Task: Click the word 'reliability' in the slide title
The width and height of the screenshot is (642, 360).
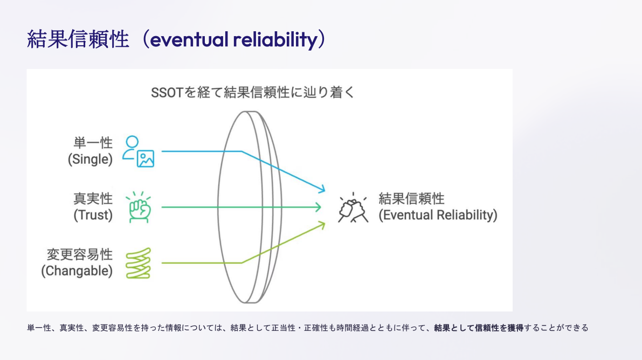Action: pos(275,39)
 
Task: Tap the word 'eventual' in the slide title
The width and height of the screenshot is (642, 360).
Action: pos(189,39)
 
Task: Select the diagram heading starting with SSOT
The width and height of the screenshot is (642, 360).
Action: pos(253,93)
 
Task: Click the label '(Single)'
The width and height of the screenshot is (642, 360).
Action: pos(90,160)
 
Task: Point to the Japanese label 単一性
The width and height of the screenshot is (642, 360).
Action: pos(93,142)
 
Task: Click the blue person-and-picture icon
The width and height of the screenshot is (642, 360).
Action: pos(139,151)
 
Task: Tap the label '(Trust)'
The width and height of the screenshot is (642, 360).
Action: pos(93,215)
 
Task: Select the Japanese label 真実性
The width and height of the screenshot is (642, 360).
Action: pos(93,199)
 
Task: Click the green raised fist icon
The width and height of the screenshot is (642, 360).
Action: pos(139,207)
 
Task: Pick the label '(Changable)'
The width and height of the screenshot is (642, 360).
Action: pos(77,271)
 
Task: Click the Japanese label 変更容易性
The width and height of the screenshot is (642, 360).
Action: pos(80,254)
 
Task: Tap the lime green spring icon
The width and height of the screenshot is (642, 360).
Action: pos(139,264)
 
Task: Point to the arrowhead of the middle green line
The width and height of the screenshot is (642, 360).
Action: pos(319,207)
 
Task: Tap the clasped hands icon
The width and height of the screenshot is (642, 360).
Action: pos(353,207)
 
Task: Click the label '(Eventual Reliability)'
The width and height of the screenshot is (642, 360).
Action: pos(438,215)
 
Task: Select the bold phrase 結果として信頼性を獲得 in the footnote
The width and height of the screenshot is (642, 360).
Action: pos(479,328)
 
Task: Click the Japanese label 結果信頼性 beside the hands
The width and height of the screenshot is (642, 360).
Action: pos(411,199)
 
